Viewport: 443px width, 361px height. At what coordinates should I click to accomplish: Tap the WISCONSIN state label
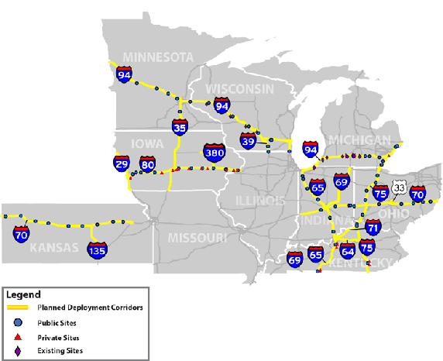239,88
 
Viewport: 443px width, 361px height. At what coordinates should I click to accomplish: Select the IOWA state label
147,143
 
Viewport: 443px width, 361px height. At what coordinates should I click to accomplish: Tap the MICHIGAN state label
359,139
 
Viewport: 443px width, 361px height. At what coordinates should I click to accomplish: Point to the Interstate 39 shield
248,139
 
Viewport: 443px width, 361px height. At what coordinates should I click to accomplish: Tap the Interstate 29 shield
122,163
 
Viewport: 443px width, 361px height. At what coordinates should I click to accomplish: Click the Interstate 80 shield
147,163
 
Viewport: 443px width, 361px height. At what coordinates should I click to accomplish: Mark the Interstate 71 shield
373,227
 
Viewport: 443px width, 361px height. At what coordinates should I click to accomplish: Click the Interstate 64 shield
347,249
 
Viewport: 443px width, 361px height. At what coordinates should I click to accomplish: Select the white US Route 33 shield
399,187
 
